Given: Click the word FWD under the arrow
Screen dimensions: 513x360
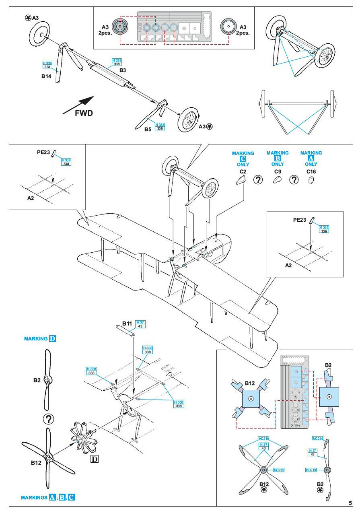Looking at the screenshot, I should pos(84,113).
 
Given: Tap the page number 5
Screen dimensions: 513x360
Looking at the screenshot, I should pos(351,503).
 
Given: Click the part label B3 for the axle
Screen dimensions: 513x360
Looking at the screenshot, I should pos(123,70).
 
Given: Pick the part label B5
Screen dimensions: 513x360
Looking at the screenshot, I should pos(148,129).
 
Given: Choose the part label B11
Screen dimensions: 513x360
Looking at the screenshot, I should pos(127,323).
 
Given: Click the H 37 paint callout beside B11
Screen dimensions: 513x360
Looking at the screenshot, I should pos(140,323).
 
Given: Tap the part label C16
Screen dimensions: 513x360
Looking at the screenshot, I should pos(311,171).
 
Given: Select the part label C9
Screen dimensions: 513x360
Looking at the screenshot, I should pos(277,171).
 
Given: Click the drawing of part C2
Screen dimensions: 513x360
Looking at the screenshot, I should pos(241,181).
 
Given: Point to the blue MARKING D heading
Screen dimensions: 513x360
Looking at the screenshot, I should pos(40,339).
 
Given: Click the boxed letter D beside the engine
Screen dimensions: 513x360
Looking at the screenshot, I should pos(95,459).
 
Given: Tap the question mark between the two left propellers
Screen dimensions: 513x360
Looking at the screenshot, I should pos(48,419).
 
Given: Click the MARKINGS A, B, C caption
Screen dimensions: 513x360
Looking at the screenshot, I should pos(47,498).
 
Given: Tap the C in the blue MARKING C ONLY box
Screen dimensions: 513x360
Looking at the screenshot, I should pos(243,159).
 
